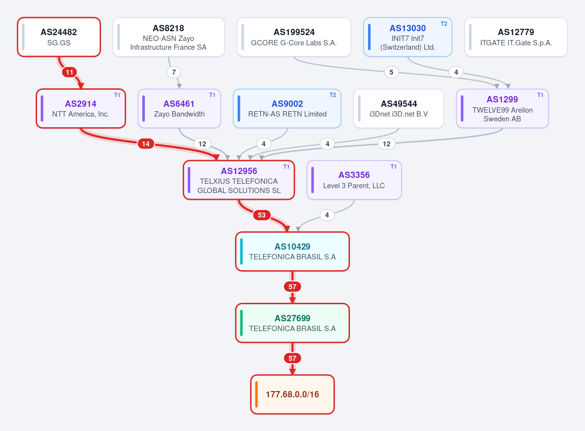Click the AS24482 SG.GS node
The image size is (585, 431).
pos(59,37)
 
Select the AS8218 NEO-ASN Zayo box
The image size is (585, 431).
pos(169,37)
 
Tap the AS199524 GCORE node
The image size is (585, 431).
pos(294,37)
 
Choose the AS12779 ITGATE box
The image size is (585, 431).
pos(516,37)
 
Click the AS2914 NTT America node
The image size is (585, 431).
pos(81,108)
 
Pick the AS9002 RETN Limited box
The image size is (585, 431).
pos(287,108)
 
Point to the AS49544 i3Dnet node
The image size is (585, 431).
pos(399,108)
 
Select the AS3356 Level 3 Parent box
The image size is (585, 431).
pos(354,180)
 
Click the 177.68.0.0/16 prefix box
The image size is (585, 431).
pos(292,394)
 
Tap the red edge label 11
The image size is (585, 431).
pos(69,72)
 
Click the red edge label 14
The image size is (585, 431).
pos(146,144)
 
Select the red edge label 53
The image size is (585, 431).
pos(262,215)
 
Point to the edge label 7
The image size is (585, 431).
pos(174,72)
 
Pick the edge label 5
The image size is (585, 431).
pos(391,72)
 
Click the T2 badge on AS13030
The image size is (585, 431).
pos(444,24)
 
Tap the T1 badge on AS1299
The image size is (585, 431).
pos(540,95)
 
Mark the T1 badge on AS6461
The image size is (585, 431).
pos(212,95)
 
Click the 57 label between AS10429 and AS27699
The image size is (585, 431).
pos(292,287)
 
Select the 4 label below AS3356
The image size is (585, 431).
pos(327,215)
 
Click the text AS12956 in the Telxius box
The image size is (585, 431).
pos(239,171)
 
